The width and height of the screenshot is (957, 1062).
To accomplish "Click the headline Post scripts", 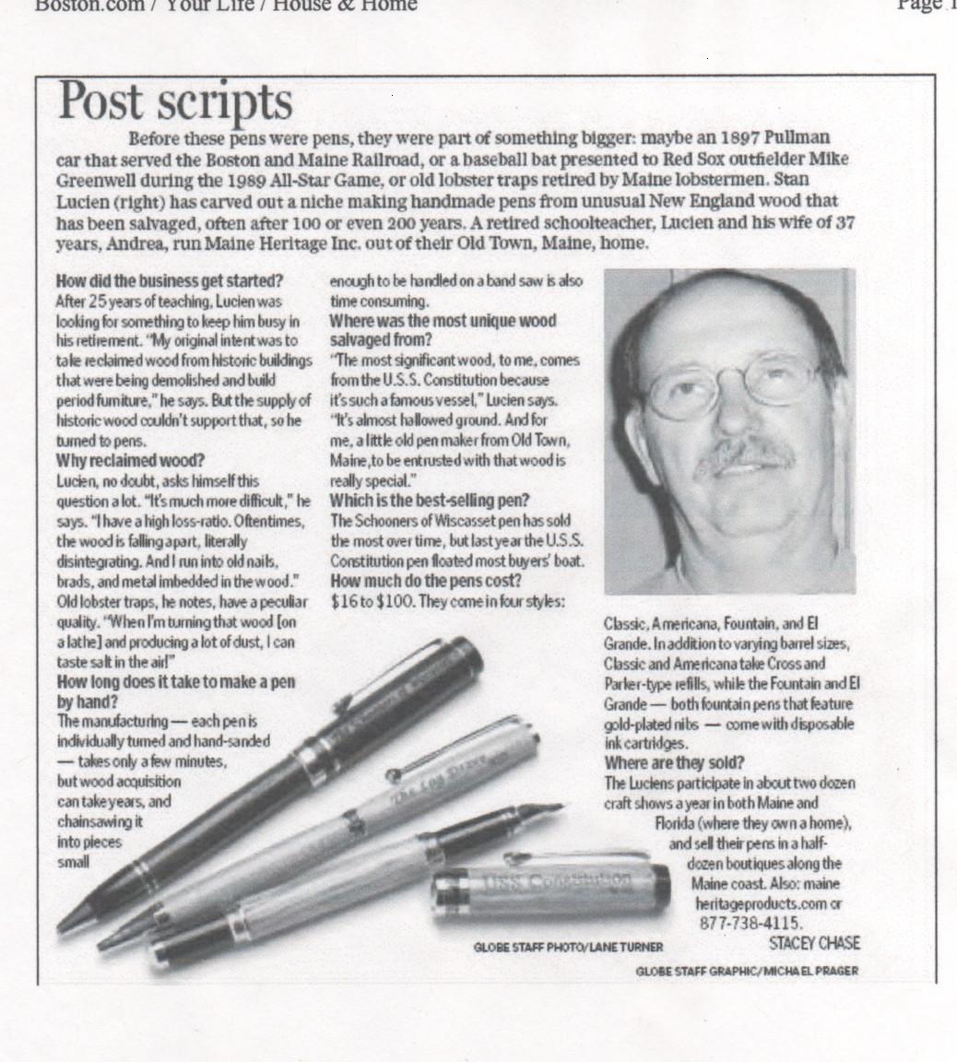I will (175, 101).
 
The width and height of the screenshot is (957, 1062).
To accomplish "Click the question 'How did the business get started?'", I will (170, 281).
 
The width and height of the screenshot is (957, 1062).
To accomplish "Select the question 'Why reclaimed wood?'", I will (130, 460).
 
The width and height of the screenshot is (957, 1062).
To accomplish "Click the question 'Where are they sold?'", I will (675, 762).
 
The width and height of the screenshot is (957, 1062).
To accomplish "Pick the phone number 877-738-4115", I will (751, 923).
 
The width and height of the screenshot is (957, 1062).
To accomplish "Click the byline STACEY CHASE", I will (814, 943).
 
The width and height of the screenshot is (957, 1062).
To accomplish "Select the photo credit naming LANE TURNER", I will (568, 947).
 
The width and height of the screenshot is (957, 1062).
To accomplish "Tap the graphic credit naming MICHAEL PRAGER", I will (747, 971).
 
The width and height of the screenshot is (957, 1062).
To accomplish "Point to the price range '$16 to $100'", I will (372, 601).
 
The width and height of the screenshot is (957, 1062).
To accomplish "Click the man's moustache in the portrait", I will (745, 453).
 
